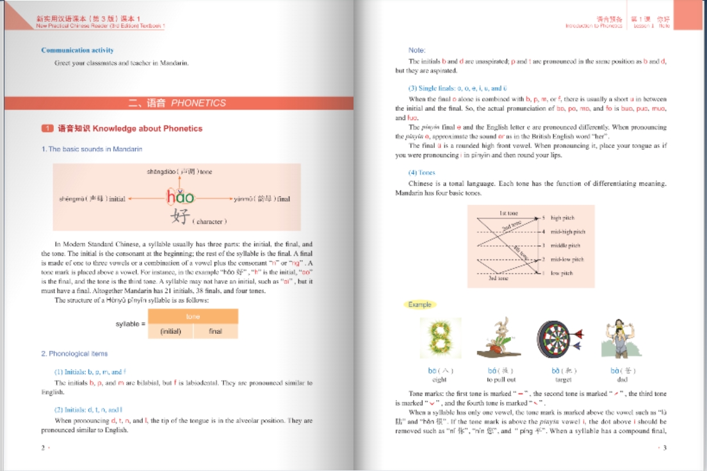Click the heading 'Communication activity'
(77, 50)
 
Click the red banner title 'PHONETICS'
(199, 103)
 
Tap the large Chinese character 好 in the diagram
(180, 216)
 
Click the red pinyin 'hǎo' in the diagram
(180, 197)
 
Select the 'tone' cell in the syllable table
(193, 317)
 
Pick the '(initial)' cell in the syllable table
(170, 331)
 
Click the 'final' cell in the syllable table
(215, 331)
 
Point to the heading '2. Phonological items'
(74, 354)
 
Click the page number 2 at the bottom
(43, 447)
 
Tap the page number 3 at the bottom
(665, 447)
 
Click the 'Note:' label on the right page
(417, 50)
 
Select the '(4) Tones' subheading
(421, 172)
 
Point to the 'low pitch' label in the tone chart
(562, 273)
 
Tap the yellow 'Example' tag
(420, 304)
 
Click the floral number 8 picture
(440, 338)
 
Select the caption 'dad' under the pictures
(614, 380)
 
